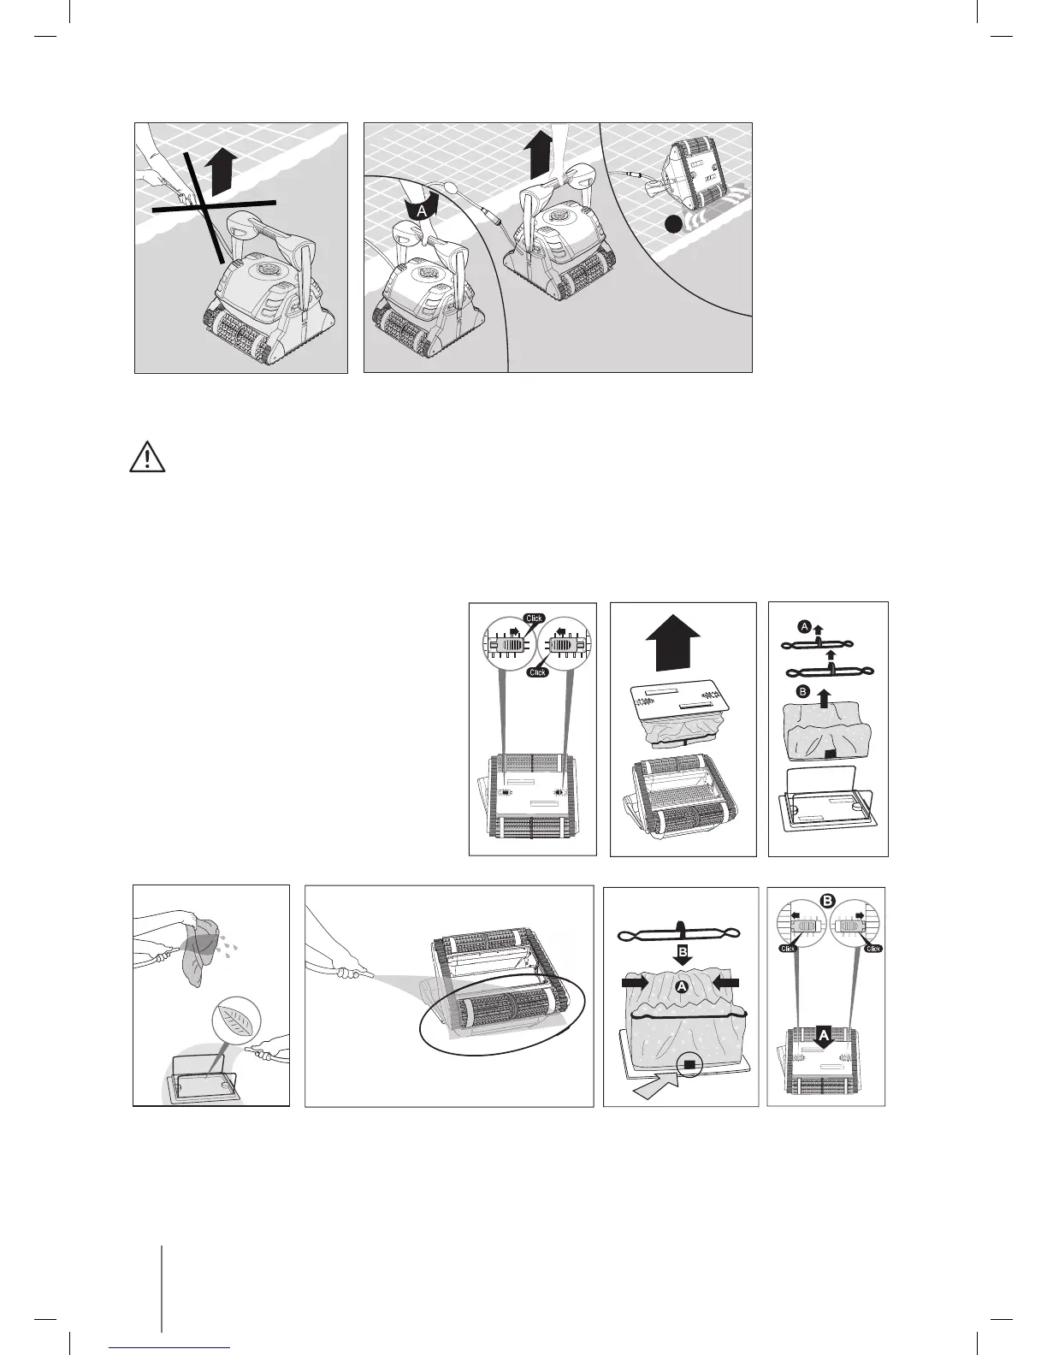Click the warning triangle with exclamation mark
point(147,459)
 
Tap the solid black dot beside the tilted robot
point(676,224)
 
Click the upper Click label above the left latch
point(535,618)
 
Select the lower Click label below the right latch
point(536,672)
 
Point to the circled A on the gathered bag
point(682,986)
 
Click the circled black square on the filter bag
point(688,1064)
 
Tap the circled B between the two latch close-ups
point(827,901)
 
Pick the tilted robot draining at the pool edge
point(693,171)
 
